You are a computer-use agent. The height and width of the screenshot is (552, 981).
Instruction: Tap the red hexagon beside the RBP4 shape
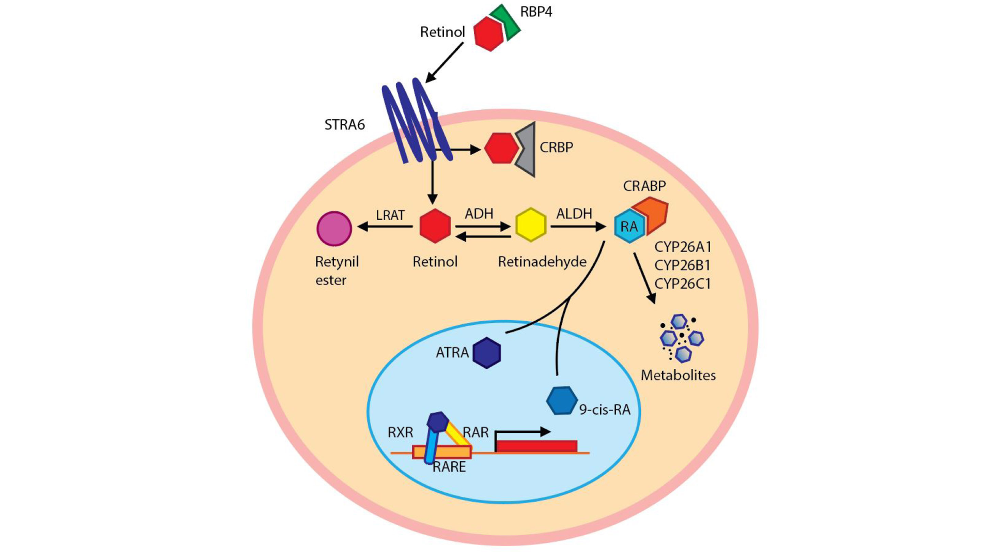pos(488,33)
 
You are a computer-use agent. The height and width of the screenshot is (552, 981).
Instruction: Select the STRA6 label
pos(344,125)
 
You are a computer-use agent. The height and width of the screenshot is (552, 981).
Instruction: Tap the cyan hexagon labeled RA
pos(629,227)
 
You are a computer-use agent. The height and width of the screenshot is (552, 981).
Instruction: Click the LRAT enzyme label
pos(390,215)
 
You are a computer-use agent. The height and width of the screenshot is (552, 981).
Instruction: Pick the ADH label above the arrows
pos(479,214)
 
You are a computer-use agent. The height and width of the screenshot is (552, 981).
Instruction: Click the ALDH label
pos(574,214)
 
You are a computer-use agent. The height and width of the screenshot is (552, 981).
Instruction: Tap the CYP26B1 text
pos(682,265)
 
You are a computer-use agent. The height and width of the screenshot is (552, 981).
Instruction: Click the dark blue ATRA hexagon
pos(487,353)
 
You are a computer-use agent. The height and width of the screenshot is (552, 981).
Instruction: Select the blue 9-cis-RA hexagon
pos(561,400)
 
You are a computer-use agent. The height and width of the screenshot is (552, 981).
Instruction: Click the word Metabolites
pos(678,375)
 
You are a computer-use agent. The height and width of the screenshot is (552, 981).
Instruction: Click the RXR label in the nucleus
pos(400,432)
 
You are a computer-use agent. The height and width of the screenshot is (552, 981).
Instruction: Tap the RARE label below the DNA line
pos(449,467)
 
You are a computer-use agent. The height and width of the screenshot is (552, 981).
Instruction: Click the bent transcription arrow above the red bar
pos(522,432)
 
